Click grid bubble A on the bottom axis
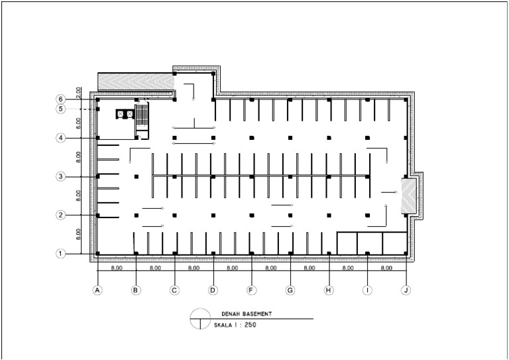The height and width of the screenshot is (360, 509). tap(97, 290)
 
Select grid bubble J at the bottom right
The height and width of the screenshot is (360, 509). tap(406, 290)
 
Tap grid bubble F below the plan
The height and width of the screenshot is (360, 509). tap(252, 290)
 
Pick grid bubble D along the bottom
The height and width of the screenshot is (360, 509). tap(213, 290)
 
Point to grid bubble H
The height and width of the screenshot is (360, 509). tap(329, 290)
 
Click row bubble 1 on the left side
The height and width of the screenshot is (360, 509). tap(60, 253)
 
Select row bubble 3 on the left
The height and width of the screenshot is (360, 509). tap(60, 177)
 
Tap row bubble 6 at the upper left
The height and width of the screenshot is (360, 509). tap(60, 99)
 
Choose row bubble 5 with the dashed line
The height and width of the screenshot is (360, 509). tap(60, 109)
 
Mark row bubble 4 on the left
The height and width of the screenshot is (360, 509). tap(60, 138)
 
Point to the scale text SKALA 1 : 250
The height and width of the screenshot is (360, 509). tap(236, 326)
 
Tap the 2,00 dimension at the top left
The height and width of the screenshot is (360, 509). tap(78, 92)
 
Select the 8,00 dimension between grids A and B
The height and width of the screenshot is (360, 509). tap(117, 269)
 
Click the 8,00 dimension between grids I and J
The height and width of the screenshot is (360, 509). tap(387, 269)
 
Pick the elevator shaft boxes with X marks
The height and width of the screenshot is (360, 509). tap(125, 114)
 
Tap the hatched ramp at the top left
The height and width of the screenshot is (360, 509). tap(135, 81)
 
